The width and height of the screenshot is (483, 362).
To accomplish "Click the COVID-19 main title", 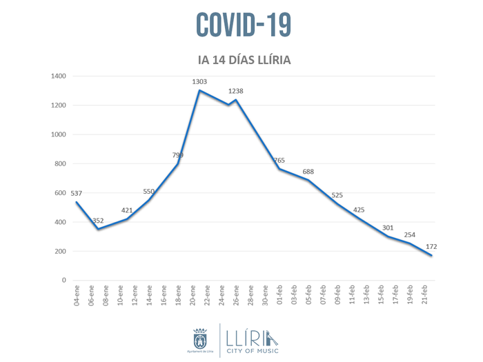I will (244, 25).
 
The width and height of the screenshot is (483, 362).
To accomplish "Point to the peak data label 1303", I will (199, 81).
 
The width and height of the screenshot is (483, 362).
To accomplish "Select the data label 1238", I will (236, 91).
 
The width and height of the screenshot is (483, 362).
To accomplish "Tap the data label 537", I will (77, 193).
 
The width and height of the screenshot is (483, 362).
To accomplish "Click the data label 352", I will (98, 221).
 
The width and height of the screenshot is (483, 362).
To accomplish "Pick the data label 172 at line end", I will (432, 246).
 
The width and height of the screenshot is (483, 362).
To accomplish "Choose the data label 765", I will (279, 160).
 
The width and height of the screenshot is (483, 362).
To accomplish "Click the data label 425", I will (359, 210).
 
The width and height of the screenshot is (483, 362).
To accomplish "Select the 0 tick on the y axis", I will (63, 280).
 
